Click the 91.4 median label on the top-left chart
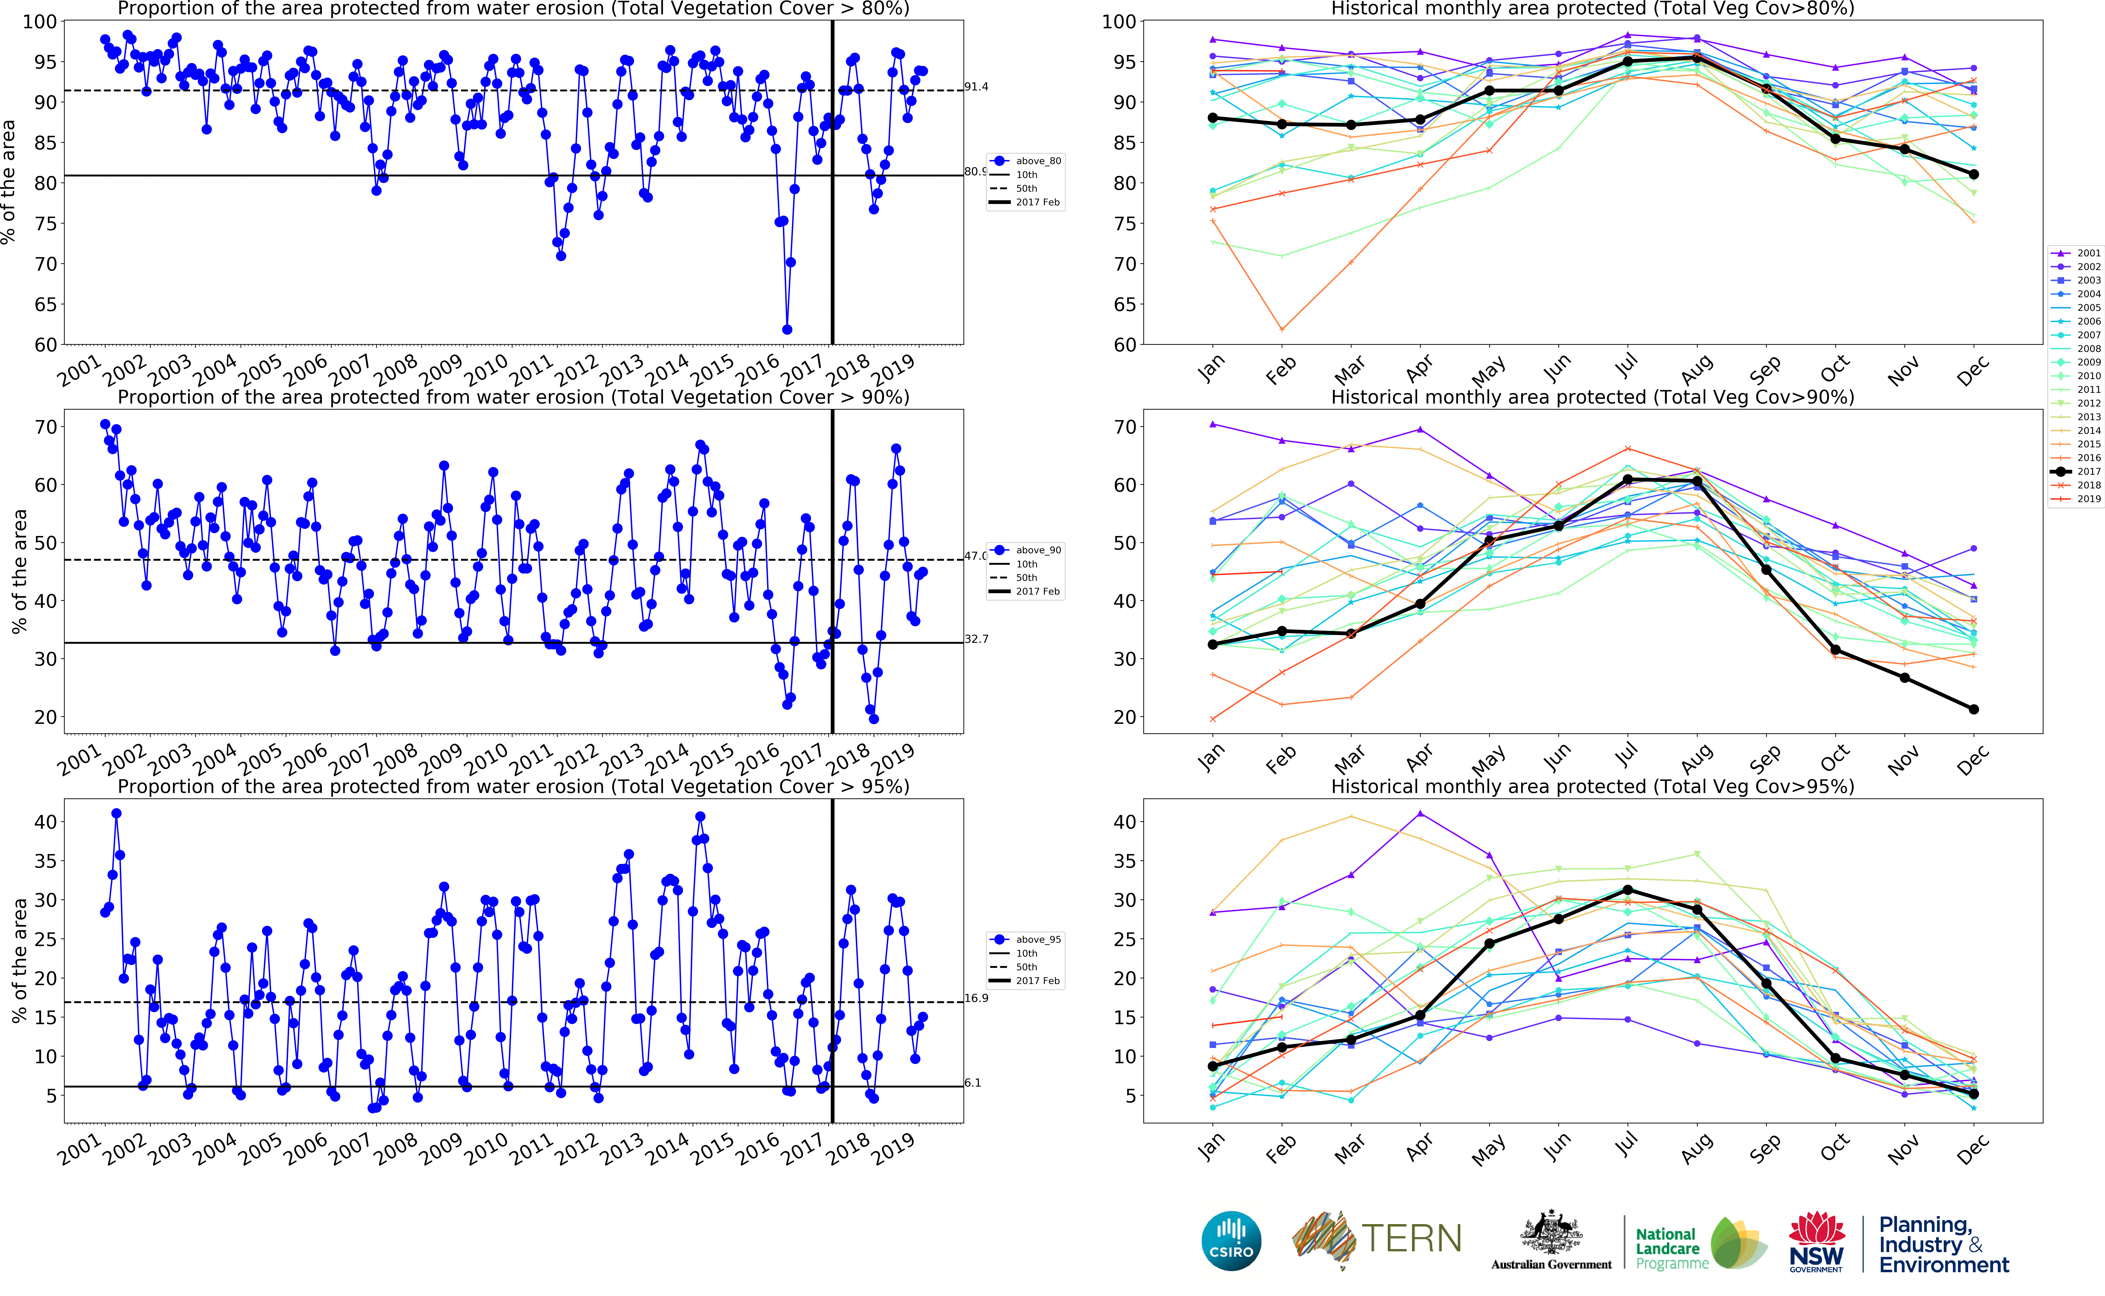click(976, 87)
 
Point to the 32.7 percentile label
click(976, 639)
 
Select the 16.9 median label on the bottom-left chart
click(976, 998)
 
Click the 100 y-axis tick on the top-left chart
click(40, 21)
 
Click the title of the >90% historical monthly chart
click(1592, 397)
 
